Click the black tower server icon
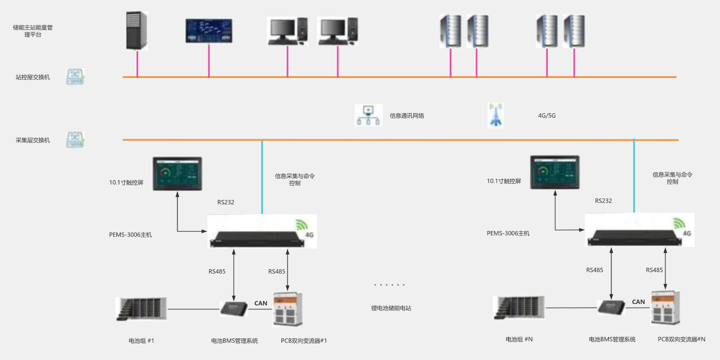point(136,31)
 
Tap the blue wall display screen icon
point(209,31)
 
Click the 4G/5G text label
point(547,115)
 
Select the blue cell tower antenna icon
point(495,115)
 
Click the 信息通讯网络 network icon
point(368,115)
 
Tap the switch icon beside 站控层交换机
point(75,77)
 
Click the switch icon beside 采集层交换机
point(75,140)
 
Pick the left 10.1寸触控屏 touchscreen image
point(177,174)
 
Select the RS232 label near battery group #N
point(603,201)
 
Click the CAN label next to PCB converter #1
point(261,303)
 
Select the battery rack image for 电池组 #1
point(141,309)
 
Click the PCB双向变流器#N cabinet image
point(665,308)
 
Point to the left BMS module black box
point(234,309)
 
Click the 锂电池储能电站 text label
point(391,308)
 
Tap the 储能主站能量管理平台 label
point(33,31)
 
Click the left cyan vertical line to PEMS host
point(262,176)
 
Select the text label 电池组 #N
point(519,339)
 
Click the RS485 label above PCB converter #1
point(276,271)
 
